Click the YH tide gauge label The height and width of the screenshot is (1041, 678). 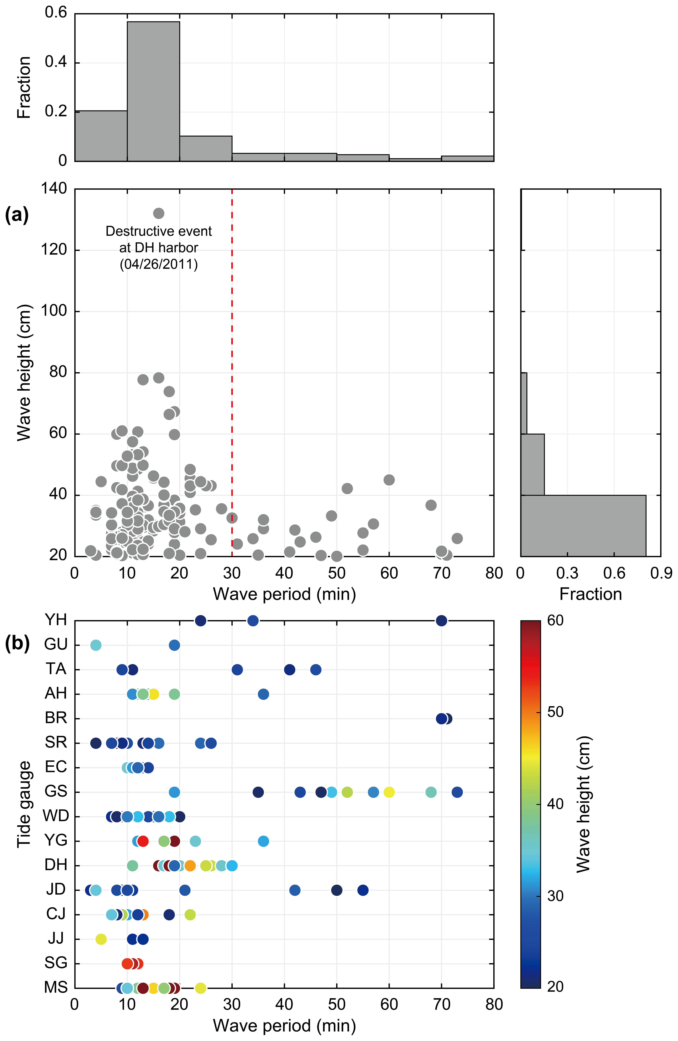[55, 620]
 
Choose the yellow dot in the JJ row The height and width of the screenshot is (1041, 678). [101, 939]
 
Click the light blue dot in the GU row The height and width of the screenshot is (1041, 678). [96, 645]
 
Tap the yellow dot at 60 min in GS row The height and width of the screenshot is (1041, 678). [389, 792]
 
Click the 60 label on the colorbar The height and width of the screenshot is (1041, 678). [555, 620]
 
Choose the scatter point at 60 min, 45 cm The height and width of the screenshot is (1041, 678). [389, 480]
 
